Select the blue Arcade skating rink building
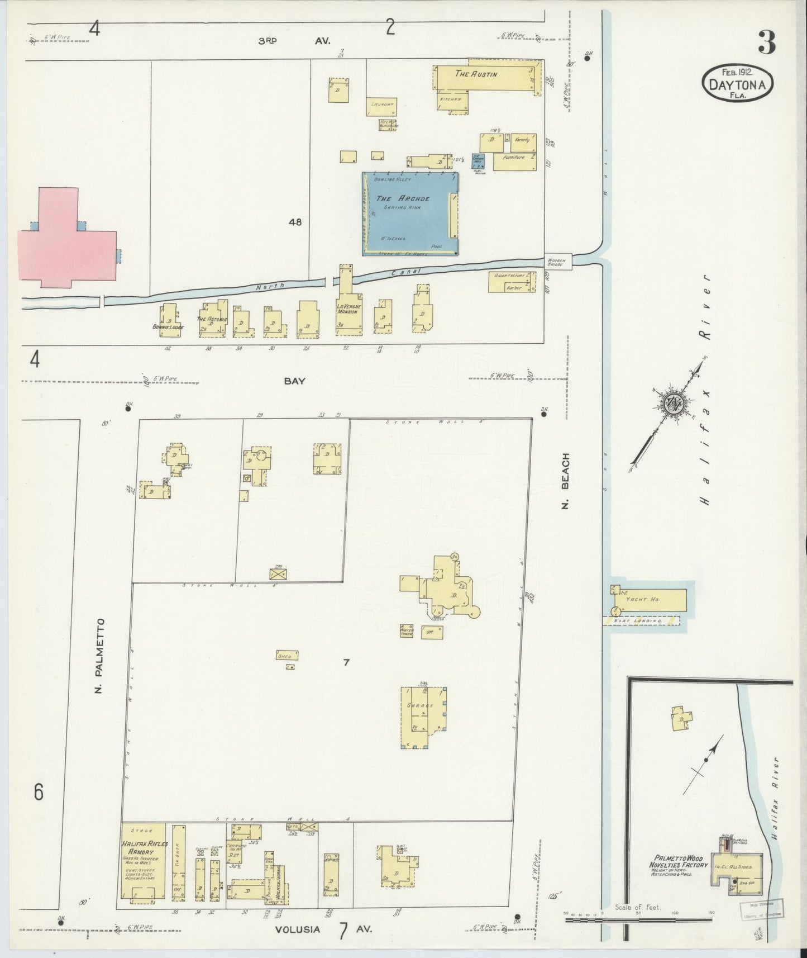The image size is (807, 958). coord(410,214)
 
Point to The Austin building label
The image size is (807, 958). coord(476,74)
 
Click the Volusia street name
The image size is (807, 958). coord(304,930)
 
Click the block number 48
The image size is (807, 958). coord(295,222)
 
